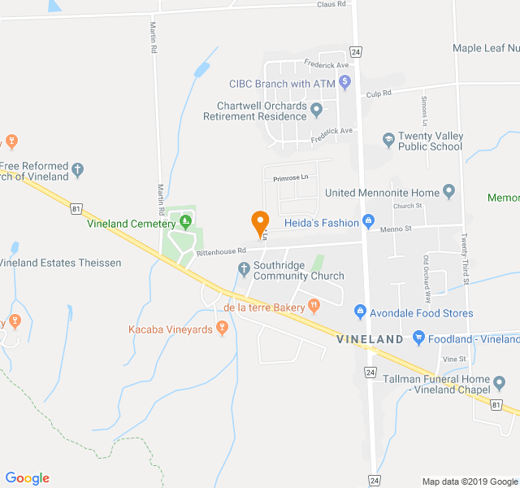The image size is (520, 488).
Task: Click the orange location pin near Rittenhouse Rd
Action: point(260,221)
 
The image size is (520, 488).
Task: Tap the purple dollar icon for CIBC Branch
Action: point(344,81)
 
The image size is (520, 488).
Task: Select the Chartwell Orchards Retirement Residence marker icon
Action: point(317,110)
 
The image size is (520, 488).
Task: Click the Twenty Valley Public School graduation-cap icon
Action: point(389,139)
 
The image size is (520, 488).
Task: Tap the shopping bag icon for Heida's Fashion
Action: point(368,221)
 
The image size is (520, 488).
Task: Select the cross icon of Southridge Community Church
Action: point(243,269)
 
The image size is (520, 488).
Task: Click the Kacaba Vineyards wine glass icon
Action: point(221,328)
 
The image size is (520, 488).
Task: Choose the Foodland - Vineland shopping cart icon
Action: point(419,338)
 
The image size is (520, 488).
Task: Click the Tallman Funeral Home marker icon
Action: point(498,380)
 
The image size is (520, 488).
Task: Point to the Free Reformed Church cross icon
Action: point(78,169)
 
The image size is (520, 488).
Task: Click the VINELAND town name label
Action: point(370,338)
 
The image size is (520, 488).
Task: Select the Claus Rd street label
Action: point(331,4)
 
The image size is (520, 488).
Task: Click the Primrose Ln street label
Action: point(292,177)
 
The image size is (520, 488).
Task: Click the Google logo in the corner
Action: point(27,478)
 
